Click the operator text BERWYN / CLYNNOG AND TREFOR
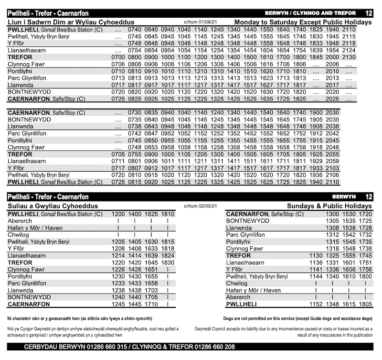click(309, 13)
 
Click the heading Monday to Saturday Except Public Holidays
click(303, 22)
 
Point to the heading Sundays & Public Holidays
click(329, 206)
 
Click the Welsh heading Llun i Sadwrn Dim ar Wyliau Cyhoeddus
click(71, 22)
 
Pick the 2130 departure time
click(349, 57)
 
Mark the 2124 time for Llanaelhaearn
click(349, 50)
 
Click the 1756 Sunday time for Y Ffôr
click(365, 269)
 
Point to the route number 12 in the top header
click(368, 13)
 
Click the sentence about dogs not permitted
click(298, 318)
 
